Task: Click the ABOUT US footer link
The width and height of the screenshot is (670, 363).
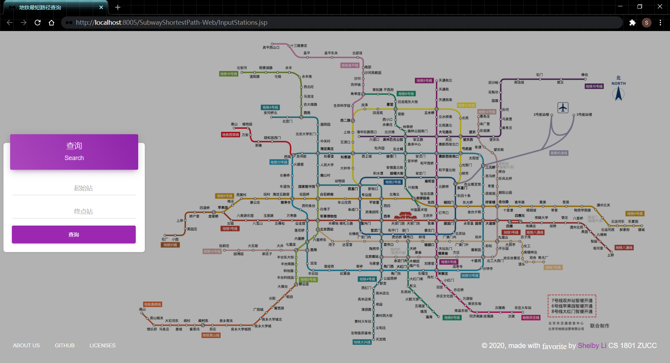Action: [x=27, y=345]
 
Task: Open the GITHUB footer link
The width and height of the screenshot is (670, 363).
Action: [x=65, y=345]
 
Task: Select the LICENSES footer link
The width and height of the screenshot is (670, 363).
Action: [x=102, y=345]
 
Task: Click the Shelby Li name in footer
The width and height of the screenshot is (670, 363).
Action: [x=592, y=346]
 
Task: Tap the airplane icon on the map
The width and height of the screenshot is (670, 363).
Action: [x=563, y=108]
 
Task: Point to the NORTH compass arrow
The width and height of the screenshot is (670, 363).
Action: [x=619, y=93]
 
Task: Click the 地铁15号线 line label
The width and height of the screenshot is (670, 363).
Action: [x=594, y=86]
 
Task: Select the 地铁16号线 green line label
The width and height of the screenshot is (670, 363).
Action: [x=229, y=74]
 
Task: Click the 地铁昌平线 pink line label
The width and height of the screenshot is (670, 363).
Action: [x=350, y=65]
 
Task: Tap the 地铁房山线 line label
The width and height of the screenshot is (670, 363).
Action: [x=211, y=335]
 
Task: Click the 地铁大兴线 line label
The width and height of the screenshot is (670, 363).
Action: [x=362, y=342]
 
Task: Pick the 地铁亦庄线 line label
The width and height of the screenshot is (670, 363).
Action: [x=531, y=318]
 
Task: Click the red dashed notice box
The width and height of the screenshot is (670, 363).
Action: [x=572, y=306]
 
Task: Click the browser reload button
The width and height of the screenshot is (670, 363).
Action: [x=38, y=23]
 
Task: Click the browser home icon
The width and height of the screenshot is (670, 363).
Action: [x=52, y=23]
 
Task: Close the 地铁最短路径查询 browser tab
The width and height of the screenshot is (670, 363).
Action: [x=101, y=7]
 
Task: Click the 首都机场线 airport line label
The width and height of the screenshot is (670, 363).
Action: [x=559, y=153]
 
